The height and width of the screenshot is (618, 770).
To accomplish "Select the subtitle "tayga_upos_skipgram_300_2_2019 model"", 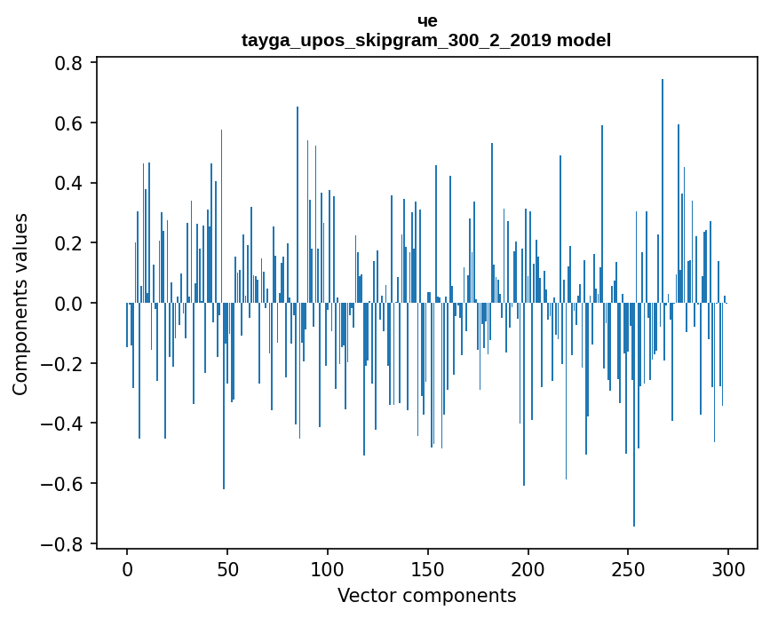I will click(426, 41).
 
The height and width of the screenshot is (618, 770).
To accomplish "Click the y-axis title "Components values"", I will click(20, 304).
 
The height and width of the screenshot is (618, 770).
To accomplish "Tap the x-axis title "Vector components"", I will click(426, 596).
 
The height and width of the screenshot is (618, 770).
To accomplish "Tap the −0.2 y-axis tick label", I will click(65, 363).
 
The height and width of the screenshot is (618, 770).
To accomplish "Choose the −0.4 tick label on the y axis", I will click(65, 424).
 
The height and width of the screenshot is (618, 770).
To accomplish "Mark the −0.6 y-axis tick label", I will click(65, 484).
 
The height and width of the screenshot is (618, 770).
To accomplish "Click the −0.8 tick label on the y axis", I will click(65, 543).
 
